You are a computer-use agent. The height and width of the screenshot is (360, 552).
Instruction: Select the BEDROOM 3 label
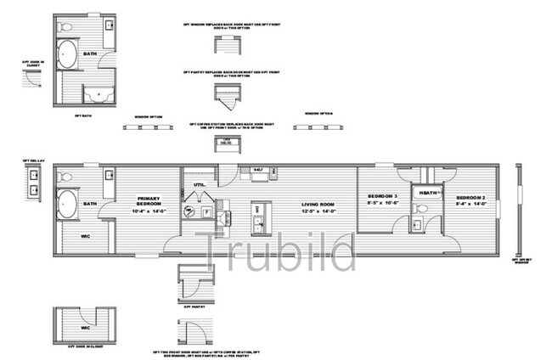coord(382,200)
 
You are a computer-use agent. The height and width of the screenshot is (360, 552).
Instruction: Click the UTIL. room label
coord(200,183)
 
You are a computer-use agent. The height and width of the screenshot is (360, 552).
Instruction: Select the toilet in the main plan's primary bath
coord(66,178)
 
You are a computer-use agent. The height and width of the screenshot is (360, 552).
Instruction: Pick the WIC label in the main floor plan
coord(86,236)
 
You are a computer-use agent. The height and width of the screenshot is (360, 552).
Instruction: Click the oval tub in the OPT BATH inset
coord(67,60)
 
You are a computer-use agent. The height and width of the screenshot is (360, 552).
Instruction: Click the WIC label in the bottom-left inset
coord(85,326)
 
